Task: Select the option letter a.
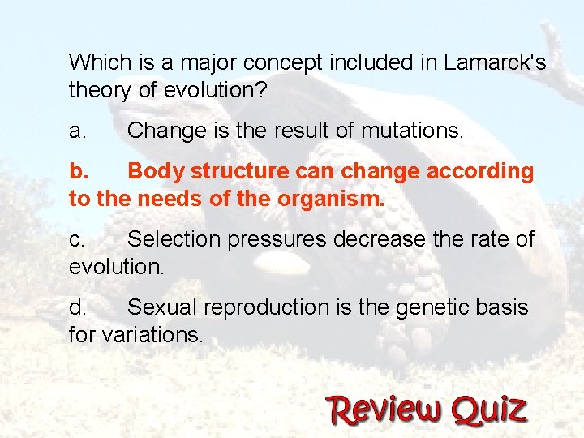(78, 130)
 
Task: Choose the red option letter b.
(79, 171)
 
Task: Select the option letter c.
(77, 239)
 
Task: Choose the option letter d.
(78, 307)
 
